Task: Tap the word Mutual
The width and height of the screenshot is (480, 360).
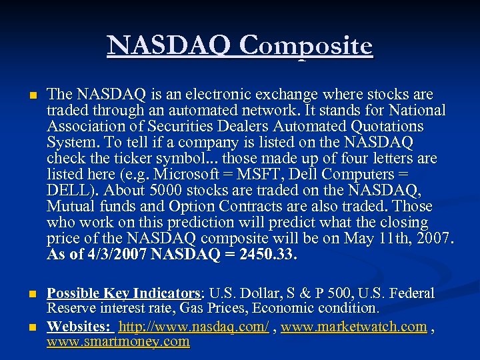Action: pyautogui.click(x=71, y=207)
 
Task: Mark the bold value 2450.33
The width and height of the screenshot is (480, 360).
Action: pyautogui.click(x=267, y=255)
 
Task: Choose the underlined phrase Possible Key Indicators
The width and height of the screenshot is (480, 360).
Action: pyautogui.click(x=123, y=293)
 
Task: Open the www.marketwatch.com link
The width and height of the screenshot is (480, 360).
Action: pyautogui.click(x=354, y=327)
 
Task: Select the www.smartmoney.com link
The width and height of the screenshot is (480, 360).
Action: pyautogui.click(x=118, y=342)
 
